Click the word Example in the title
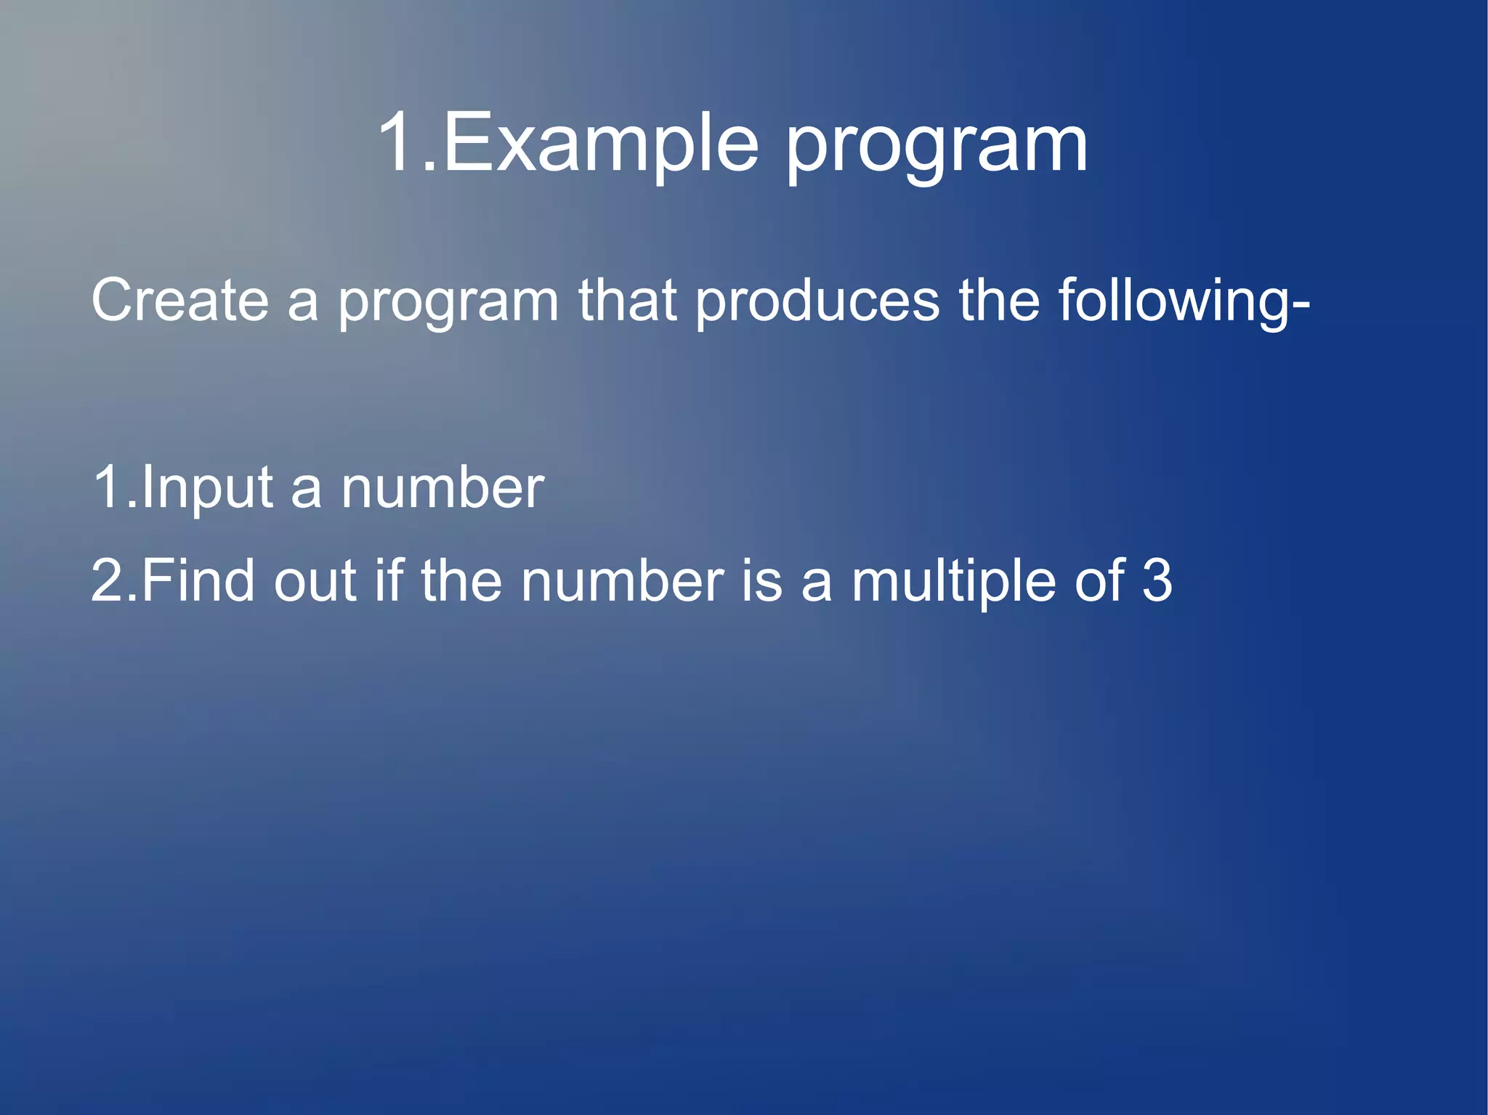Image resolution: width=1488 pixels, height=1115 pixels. click(x=600, y=143)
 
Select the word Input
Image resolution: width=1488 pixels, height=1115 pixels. click(x=206, y=489)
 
